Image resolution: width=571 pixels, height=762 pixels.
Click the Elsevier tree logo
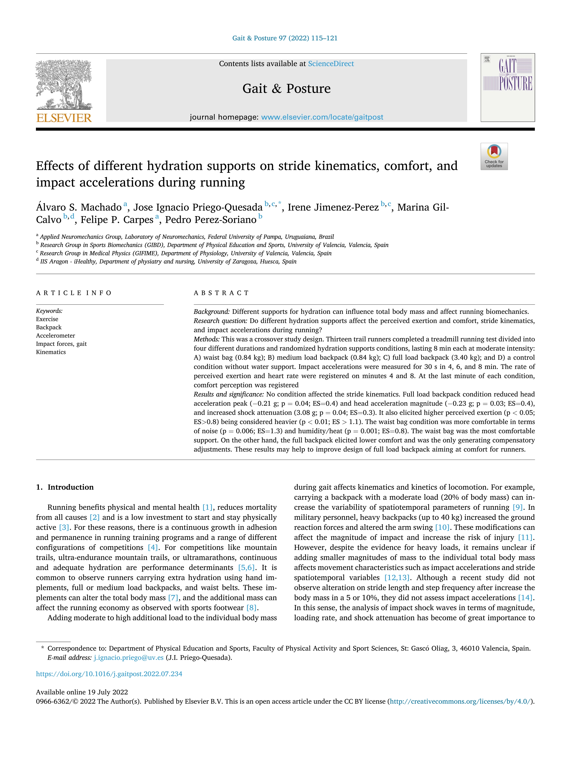64,84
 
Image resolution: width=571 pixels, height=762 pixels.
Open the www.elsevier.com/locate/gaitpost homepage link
322,117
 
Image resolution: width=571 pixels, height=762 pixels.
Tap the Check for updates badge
494,156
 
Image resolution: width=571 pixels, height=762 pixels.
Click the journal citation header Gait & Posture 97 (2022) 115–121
285,38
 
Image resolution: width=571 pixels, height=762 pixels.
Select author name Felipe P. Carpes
117,220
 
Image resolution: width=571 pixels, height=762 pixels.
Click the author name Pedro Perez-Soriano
211,220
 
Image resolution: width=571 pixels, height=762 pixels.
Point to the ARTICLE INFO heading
74,293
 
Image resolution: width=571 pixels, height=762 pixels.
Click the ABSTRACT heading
221,293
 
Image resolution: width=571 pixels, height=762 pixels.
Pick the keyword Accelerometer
55,335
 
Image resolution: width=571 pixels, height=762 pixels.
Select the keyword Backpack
49,327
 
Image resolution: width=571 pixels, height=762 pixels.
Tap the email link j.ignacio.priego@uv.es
128,657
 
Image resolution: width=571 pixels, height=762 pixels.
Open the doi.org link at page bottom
109,674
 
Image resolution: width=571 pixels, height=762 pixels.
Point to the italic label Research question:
220,321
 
